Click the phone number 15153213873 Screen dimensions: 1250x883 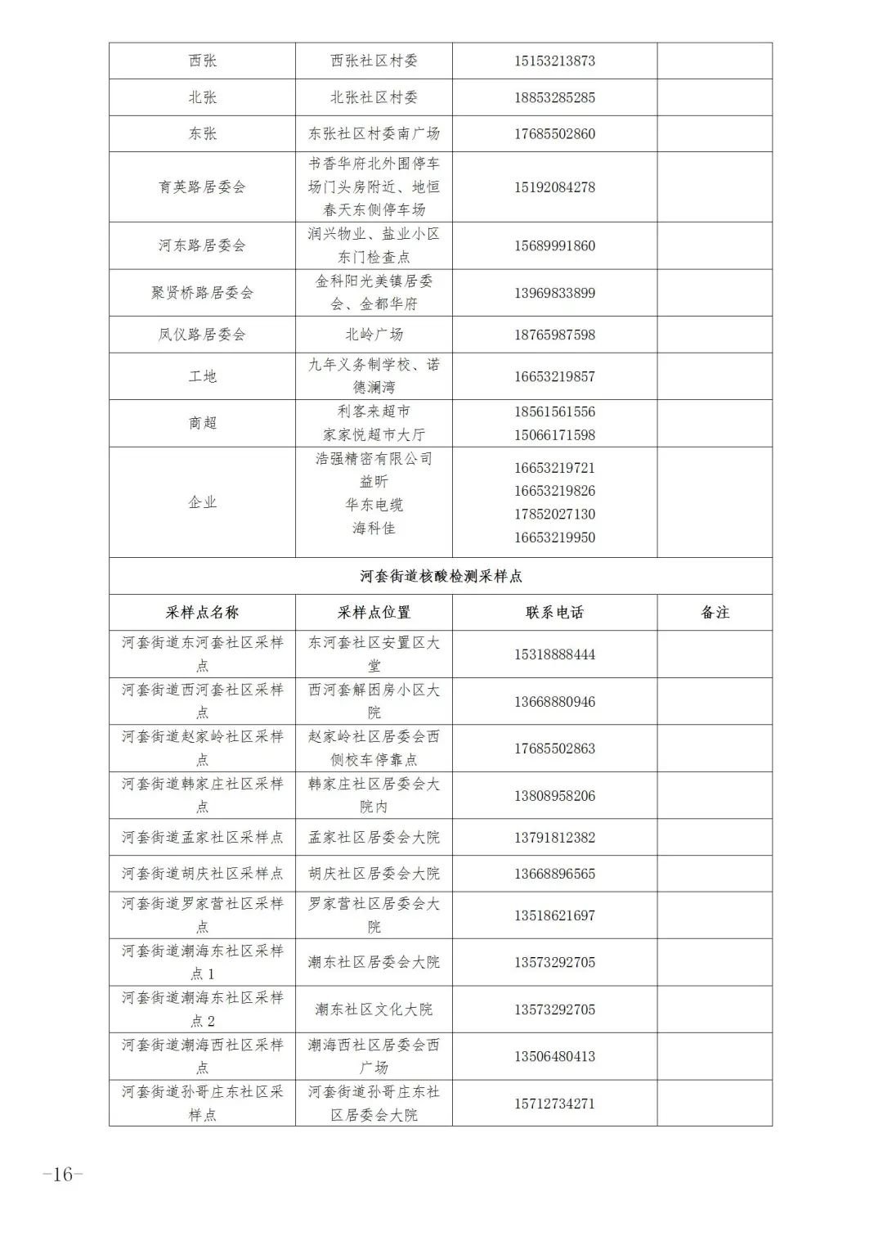pos(554,61)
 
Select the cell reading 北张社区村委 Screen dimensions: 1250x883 pos(374,97)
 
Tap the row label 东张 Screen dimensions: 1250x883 pos(202,133)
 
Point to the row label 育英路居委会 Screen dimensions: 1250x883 pos(202,187)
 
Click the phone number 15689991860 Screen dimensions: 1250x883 pos(554,245)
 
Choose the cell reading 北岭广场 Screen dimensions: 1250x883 pos(374,334)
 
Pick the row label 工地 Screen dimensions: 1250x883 pos(202,376)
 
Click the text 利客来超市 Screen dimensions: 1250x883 pos(374,411)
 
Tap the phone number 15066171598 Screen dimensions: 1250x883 pos(554,435)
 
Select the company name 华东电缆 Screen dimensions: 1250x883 pos(374,505)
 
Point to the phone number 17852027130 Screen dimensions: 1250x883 pos(554,515)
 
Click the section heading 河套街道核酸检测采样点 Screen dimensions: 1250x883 pos(441,576)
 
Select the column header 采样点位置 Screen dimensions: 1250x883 pos(374,612)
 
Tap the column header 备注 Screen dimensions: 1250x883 pos(715,612)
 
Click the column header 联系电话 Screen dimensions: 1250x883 pos(554,612)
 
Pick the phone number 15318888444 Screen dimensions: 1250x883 pos(554,654)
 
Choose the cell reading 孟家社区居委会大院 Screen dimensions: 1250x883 pos(374,837)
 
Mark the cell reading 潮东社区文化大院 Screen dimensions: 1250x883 pos(374,1009)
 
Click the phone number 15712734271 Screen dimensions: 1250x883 pos(554,1104)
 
